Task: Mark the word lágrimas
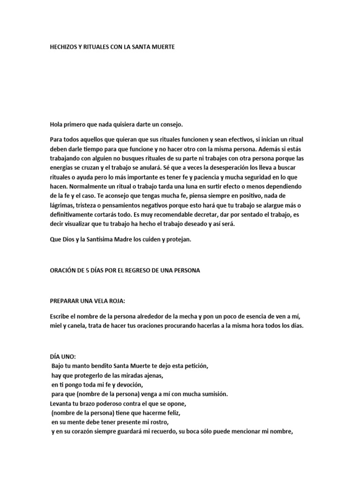click(x=63, y=205)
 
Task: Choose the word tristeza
click(x=90, y=205)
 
